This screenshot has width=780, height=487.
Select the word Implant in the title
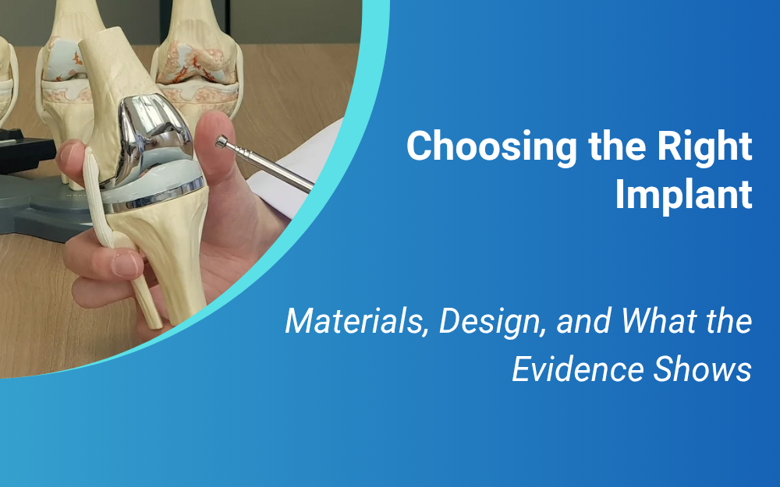[x=683, y=195]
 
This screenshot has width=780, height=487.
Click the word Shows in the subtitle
[x=702, y=369]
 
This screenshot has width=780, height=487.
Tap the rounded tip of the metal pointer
[x=222, y=142]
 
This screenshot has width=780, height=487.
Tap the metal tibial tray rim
[x=155, y=199]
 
